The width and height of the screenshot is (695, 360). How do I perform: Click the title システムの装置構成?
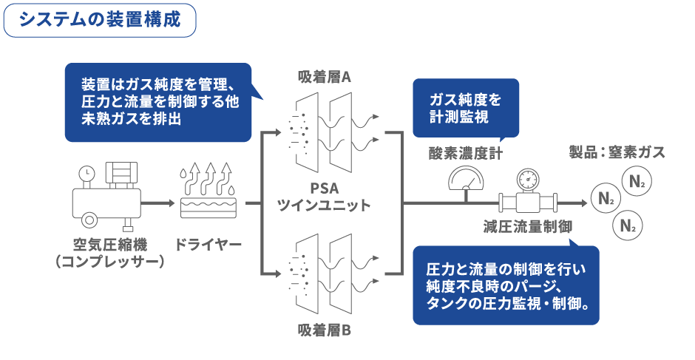100,19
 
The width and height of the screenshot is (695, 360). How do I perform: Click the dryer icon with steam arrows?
208,191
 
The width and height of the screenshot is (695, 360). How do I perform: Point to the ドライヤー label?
208,245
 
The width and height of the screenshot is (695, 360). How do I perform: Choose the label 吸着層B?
324,330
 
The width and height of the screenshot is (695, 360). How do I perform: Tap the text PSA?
324,188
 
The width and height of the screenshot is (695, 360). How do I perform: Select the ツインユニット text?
324,205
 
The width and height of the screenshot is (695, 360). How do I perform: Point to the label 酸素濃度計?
466,153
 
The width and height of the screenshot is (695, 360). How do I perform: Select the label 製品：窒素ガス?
617,153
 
